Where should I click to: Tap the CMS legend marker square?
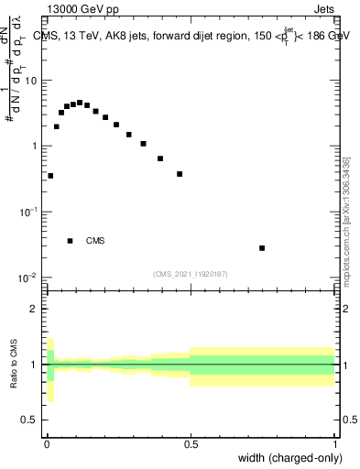point(71,241)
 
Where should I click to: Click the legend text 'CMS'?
point(95,241)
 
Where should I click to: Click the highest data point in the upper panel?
point(80,103)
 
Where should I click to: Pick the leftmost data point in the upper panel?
point(50,176)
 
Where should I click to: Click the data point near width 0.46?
point(180,174)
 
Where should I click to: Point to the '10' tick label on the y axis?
point(32,81)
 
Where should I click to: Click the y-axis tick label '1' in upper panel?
point(35,147)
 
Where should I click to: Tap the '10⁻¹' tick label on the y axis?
point(30,212)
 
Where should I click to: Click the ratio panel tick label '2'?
point(35,309)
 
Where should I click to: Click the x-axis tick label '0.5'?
point(191,444)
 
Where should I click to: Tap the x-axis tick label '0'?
point(47,444)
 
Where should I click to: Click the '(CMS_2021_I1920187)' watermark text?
point(191,273)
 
